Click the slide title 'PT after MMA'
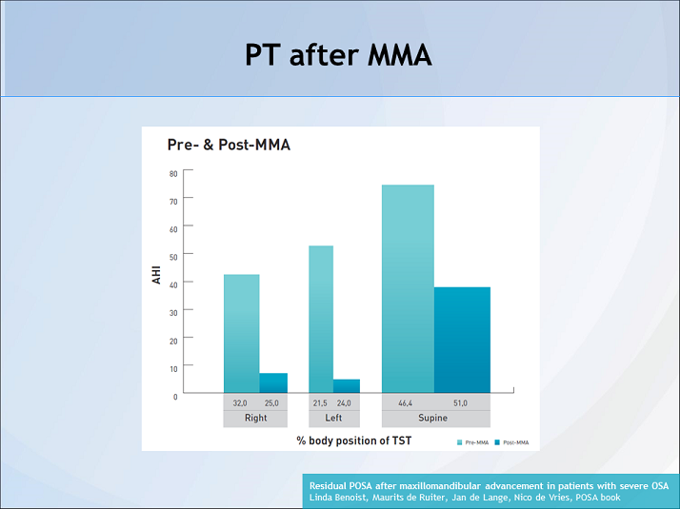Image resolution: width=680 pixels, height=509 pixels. pos(339,55)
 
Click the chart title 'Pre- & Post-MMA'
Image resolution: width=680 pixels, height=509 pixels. pos(229,146)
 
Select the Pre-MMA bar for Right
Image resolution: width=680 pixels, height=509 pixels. pos(241,333)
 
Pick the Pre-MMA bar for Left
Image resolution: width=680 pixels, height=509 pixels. pos(321,319)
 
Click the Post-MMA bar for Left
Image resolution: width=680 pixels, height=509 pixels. pos(347,385)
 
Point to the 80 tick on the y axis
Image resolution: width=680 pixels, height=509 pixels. pos(173,173)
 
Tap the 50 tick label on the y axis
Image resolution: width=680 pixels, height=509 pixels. pos(173,256)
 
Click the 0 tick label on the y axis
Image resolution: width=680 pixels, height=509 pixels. pos(175,396)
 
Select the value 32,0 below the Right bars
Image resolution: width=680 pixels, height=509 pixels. pos(241,403)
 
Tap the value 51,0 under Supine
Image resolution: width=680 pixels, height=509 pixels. pos(460,403)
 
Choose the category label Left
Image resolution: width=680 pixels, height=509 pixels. pos(334,419)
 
